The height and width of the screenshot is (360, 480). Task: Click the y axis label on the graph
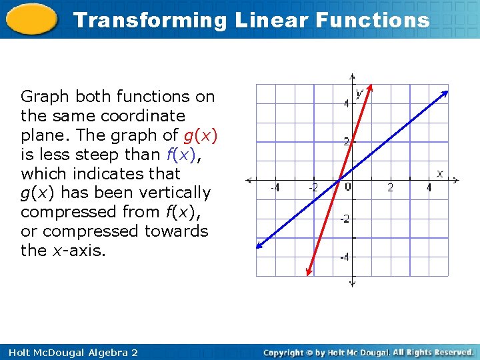(359, 93)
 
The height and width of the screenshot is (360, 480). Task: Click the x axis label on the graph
(439, 173)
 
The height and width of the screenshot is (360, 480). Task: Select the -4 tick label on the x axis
(274, 188)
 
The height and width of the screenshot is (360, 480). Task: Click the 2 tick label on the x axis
(391, 188)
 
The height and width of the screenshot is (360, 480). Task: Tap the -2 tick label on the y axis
(344, 219)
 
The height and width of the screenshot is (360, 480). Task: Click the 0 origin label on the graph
(348, 187)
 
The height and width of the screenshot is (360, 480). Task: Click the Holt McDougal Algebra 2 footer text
(69, 352)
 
